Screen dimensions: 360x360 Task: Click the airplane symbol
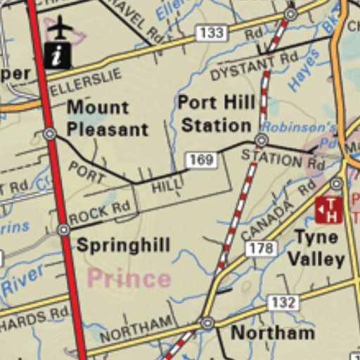point(62,29)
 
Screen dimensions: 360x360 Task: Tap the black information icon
point(58,54)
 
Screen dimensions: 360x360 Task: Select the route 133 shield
point(210,33)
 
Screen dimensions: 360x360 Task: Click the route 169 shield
point(201,160)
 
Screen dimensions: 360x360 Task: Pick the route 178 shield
point(260,247)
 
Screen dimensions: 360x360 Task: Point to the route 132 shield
point(283,302)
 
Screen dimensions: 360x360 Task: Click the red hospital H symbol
point(328,209)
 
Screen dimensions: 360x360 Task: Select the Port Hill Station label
point(215,114)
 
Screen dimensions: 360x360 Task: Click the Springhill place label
point(123,245)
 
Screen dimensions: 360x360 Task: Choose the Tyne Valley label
point(316,248)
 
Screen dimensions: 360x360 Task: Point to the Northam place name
point(272,333)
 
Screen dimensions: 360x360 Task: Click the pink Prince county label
point(129,278)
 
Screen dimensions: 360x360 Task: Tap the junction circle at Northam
point(207,323)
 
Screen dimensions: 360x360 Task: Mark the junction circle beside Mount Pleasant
point(49,133)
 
